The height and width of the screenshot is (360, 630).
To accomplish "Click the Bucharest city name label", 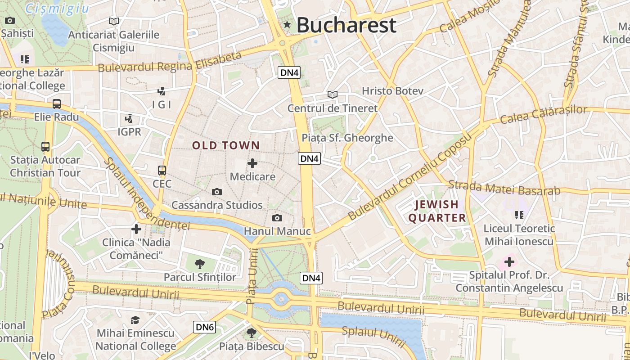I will coord(346,25).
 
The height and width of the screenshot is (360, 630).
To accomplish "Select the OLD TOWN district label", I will coord(226,145).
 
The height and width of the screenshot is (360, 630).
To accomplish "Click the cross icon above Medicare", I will coord(252,163).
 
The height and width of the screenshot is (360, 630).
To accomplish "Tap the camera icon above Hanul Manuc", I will coord(277,218).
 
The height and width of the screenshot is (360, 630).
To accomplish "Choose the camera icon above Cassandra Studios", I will coord(217,192).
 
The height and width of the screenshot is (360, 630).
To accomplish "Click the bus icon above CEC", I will coord(162,171).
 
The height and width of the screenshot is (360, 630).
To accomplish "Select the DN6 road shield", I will coord(205,327).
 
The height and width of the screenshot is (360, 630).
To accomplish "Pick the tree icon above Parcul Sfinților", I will coord(200,264).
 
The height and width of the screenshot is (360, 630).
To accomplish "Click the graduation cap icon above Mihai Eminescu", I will coord(135,320).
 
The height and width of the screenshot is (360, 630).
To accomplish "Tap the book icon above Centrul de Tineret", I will coord(333,95).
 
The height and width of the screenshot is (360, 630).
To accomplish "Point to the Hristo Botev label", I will coord(393,91).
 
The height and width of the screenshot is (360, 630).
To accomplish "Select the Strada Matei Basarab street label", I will coord(504,188).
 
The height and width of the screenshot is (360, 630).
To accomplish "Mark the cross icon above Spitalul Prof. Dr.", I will coord(509,261).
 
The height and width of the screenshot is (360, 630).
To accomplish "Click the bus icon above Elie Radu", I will coord(57,104).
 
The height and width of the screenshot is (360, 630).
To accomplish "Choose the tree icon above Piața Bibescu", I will coord(252,333).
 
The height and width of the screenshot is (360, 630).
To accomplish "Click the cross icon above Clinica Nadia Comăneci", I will coord(136,229).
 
